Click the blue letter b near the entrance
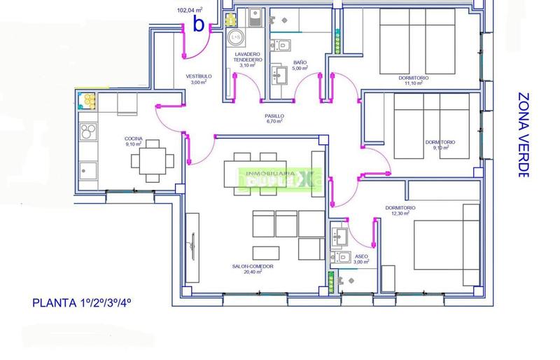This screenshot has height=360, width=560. pos(199,25)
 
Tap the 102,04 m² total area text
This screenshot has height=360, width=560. pos(189,11)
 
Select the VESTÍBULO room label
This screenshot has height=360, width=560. pos(199,79)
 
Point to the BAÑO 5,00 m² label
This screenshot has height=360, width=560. pos(300,65)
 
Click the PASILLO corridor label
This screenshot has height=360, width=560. pos(274,118)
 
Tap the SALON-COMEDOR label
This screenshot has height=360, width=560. pos(252,269)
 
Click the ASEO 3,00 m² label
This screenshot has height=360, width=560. pos(361,259)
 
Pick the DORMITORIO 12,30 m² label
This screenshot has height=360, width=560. pos(400,212)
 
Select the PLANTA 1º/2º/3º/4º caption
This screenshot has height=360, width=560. pos(82,303)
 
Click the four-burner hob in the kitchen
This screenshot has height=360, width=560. pos(89,132)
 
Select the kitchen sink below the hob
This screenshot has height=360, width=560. pos(89,169)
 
